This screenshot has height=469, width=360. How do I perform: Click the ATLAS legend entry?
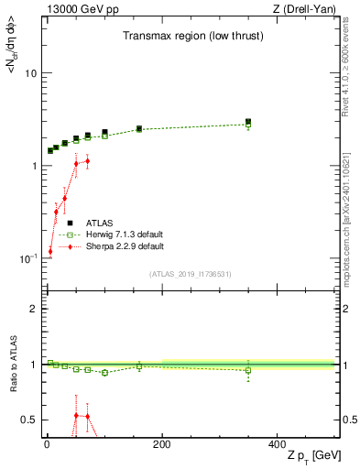click(100, 223)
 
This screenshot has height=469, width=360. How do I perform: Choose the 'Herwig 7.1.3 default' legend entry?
click(125, 234)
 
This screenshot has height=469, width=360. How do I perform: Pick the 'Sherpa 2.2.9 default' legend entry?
click(125, 246)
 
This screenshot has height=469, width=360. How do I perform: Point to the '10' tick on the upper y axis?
click(29, 73)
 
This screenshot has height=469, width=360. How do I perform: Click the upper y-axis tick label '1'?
click(33, 166)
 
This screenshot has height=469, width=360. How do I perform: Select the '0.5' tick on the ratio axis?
click(29, 420)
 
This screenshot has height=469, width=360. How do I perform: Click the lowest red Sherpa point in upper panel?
click(50, 251)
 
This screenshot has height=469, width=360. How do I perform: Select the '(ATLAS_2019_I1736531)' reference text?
click(191, 274)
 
